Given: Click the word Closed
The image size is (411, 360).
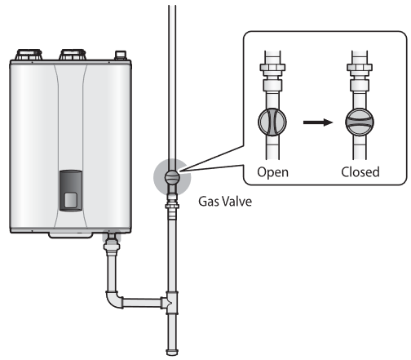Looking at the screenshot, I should point(360,173).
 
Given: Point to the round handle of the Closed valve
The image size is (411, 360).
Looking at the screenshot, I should point(360,122).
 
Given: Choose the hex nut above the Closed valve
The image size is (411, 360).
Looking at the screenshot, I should point(360,82).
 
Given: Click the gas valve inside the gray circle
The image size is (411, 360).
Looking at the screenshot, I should point(171,176).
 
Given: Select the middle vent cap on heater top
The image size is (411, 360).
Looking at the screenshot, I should point(71,57).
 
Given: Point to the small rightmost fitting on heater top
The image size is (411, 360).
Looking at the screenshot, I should point(122,57).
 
